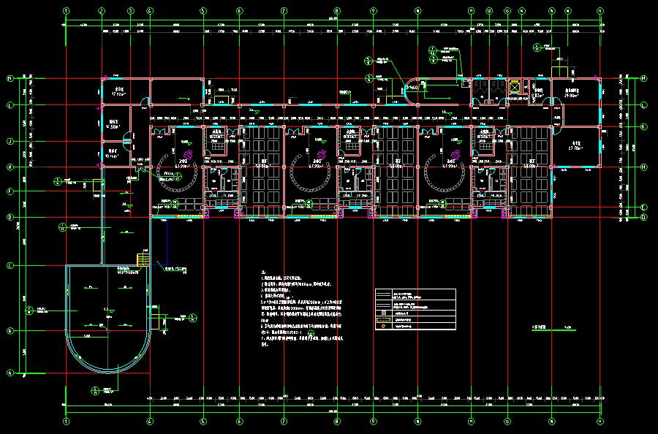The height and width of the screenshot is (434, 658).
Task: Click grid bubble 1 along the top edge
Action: point(67,11)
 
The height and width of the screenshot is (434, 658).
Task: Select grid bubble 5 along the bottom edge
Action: point(203,422)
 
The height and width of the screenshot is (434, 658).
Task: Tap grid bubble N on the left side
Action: point(10,78)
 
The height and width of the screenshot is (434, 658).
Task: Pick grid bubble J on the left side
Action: point(10,141)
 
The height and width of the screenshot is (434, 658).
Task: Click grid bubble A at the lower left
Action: point(10,373)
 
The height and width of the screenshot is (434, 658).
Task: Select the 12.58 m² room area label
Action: point(113,125)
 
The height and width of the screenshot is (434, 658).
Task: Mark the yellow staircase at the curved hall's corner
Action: point(143,259)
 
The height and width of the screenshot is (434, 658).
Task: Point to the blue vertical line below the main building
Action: point(167,241)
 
